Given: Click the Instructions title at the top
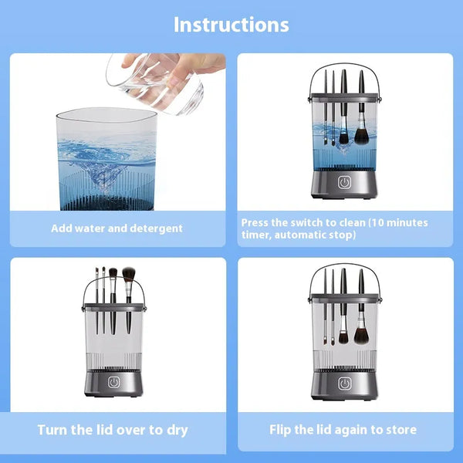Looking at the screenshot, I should [231, 24].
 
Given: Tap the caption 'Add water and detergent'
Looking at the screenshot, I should [117, 228].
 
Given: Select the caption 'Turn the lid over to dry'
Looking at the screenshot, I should [113, 430].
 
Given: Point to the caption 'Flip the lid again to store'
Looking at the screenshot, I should [343, 430].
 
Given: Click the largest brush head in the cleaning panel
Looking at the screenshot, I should [360, 137].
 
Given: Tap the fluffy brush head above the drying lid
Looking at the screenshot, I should [128, 273].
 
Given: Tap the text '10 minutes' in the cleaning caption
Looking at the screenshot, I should [398, 222].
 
